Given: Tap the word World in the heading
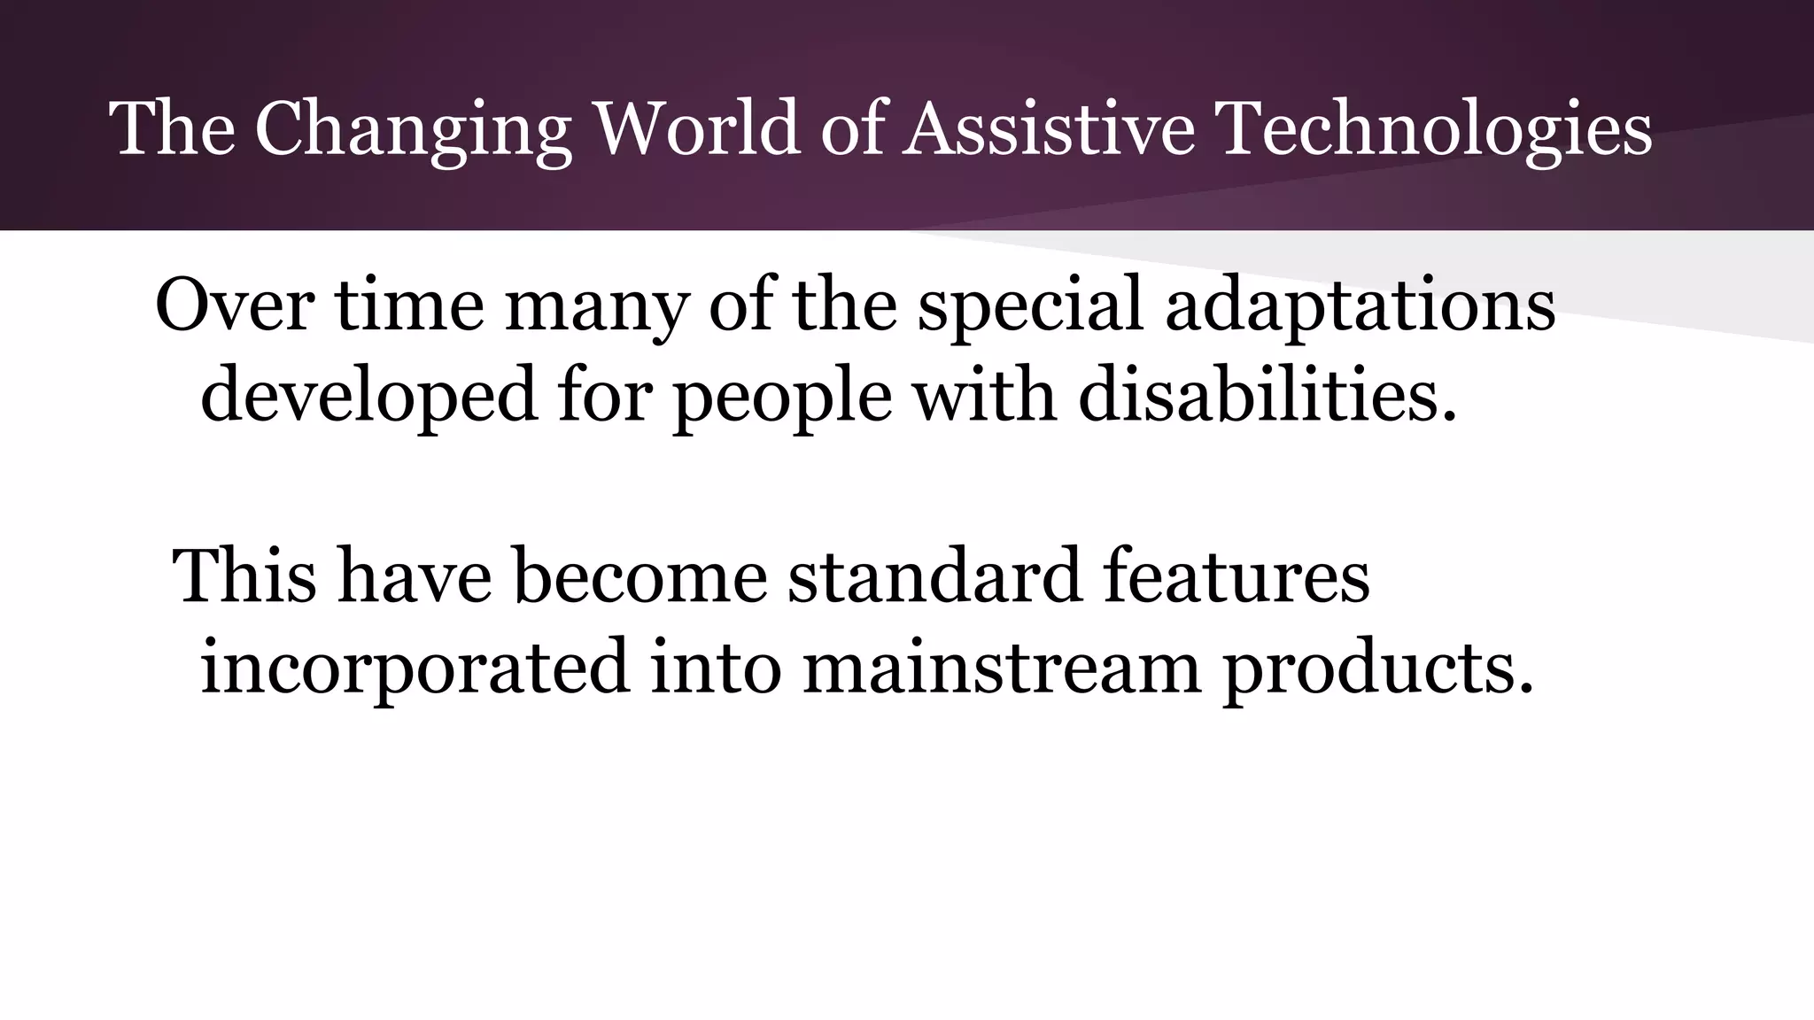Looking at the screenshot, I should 698,129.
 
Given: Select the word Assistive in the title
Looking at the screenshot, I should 1049,129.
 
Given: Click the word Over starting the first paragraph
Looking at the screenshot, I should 235,305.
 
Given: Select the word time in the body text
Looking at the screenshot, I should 409,305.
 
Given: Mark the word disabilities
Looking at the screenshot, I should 1267,393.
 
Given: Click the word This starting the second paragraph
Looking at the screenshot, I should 244,576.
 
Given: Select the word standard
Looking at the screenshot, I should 934,576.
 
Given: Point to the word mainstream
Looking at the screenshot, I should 1001,666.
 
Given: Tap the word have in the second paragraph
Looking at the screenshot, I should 415,576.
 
